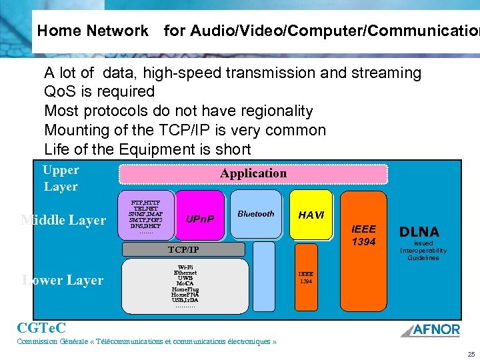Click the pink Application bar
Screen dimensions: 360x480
tap(253, 173)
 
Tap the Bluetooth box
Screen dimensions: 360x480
tap(256, 214)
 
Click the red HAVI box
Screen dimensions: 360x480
tap(311, 215)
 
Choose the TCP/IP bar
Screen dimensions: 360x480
tap(183, 250)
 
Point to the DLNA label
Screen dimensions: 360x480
tap(419, 232)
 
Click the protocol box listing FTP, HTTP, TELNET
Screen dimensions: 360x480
tap(146, 214)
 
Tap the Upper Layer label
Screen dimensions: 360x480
tap(61, 179)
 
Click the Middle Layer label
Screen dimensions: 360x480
tap(63, 220)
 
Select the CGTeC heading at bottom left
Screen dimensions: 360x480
tap(41, 327)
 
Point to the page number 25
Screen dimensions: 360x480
tap(471, 354)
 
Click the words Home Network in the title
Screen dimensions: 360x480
tap(93, 31)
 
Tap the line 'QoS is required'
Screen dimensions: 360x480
tap(99, 91)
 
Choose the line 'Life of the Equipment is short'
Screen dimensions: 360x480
tap(147, 149)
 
